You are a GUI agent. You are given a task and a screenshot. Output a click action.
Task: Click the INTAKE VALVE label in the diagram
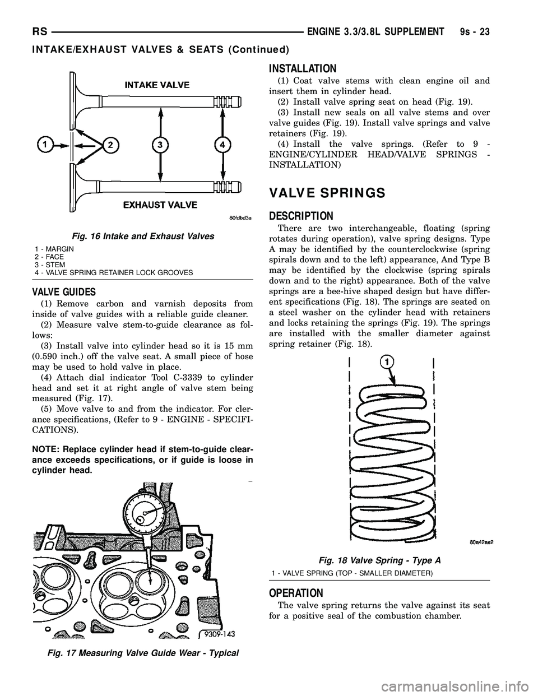tap(156, 85)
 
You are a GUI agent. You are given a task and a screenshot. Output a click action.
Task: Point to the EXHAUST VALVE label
tap(160, 205)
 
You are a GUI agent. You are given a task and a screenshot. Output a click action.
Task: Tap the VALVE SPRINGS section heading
tap(327, 193)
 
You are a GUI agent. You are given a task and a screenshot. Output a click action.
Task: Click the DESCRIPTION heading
tap(302, 216)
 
